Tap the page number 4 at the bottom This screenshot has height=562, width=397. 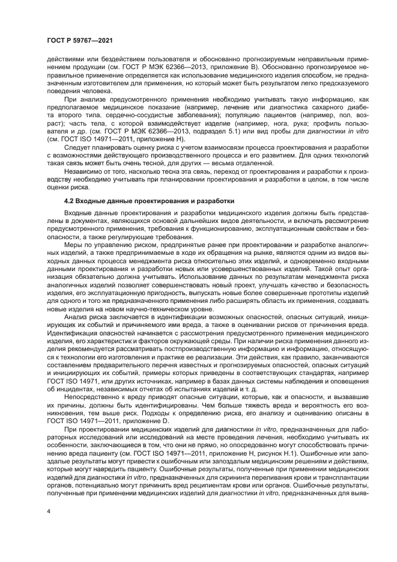click(x=49, y=512)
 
